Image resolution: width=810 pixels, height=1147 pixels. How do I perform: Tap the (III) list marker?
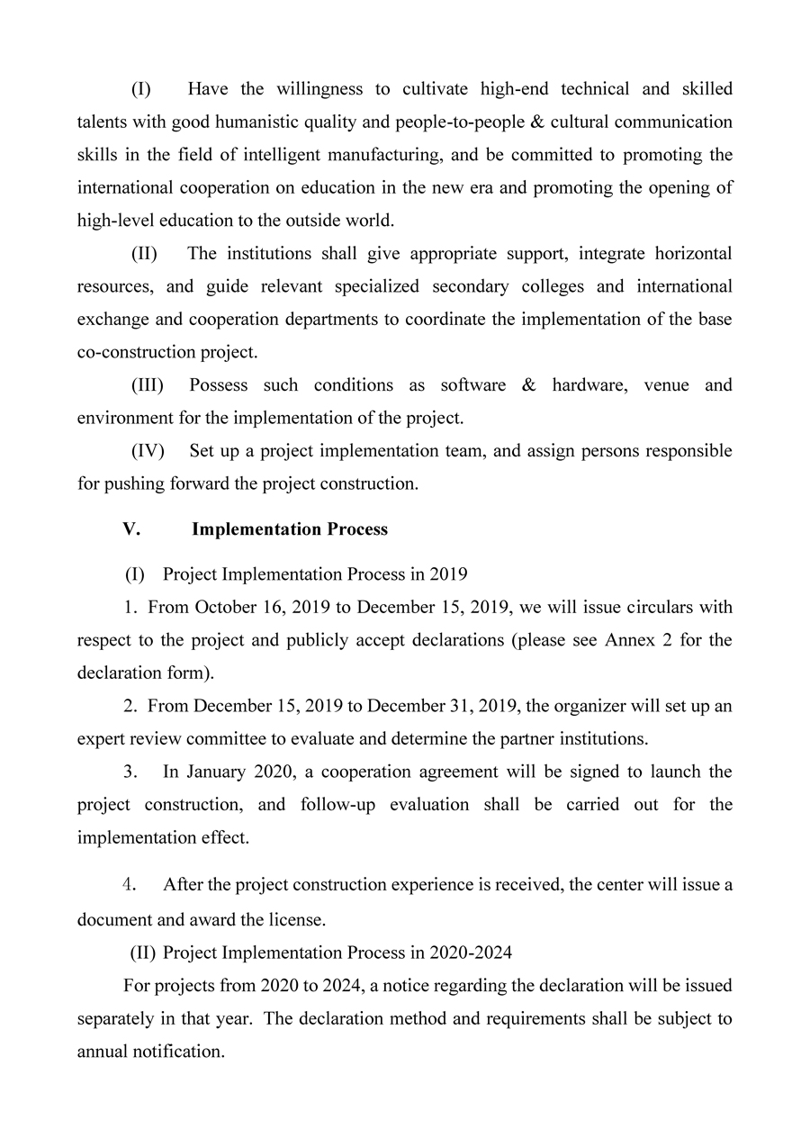pos(148,384)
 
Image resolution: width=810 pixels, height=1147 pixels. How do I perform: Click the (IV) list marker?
pos(148,450)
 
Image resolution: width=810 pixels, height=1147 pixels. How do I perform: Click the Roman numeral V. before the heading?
pos(131,528)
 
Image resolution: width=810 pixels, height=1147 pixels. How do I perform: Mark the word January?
pos(220,772)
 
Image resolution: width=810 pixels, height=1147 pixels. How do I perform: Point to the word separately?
pos(118,1018)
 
